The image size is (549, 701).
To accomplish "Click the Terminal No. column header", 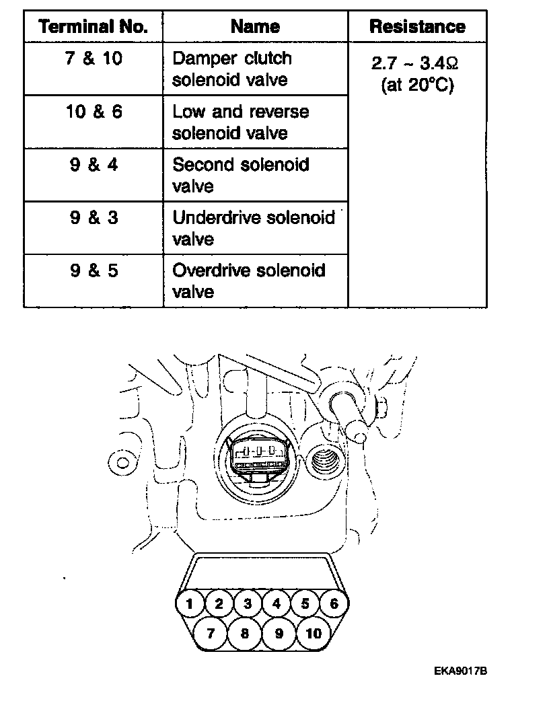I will [x=93, y=27].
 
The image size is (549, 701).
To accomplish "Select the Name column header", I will [x=255, y=27].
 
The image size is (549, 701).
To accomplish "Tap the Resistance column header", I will [x=417, y=27].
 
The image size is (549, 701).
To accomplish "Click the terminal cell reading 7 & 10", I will [x=94, y=59].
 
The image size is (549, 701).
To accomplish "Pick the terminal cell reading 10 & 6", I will [x=94, y=112].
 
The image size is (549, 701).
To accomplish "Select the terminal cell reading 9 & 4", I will [x=94, y=165].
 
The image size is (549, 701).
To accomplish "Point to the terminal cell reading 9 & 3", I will [x=94, y=217].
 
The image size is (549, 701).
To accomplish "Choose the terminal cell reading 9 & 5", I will [x=94, y=270].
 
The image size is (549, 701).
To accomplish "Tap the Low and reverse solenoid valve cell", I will [x=240, y=122].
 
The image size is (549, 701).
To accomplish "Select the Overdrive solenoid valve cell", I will [x=248, y=281].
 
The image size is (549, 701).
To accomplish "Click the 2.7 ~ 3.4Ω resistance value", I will [x=416, y=64].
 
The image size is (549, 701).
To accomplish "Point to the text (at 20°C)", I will [x=417, y=85].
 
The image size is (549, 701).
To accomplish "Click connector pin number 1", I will [x=190, y=603].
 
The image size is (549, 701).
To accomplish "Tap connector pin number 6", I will [x=334, y=603].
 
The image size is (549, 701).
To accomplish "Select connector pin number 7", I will [x=210, y=633].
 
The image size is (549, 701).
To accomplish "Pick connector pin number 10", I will [x=314, y=633].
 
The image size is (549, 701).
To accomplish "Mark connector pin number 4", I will [x=276, y=603].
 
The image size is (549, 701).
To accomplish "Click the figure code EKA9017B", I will [x=460, y=671].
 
